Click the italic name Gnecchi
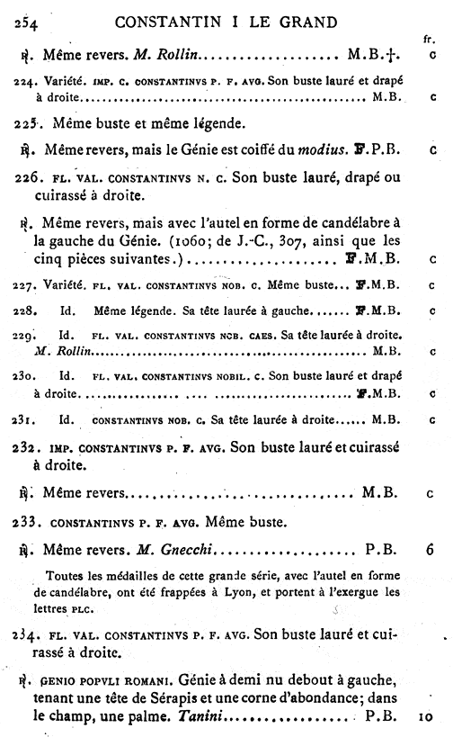(182, 547)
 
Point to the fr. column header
(427, 40)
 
